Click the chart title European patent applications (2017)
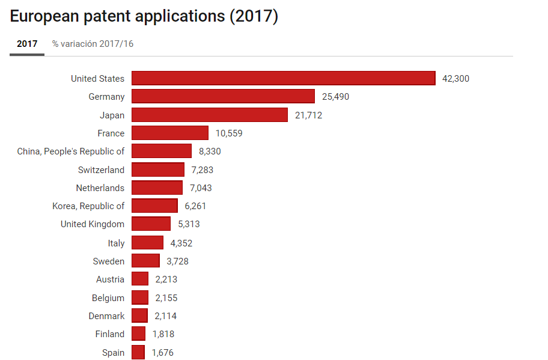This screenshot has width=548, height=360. click(144, 17)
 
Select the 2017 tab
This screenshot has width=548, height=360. click(27, 44)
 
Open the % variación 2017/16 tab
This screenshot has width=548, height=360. click(93, 44)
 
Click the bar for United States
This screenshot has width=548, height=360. click(283, 78)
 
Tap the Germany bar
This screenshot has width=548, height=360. click(223, 96)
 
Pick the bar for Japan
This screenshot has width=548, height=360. click(209, 115)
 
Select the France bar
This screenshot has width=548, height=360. click(170, 133)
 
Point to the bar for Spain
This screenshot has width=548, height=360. click(138, 352)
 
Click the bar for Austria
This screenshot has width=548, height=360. click(140, 279)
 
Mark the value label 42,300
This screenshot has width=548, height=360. click(455, 79)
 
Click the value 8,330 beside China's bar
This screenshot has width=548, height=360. click(210, 151)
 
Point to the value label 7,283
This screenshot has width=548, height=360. click(202, 170)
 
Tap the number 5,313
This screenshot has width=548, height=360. click(189, 224)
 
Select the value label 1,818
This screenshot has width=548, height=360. click(163, 334)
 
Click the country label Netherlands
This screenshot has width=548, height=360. click(100, 188)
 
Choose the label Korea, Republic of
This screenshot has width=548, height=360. click(88, 206)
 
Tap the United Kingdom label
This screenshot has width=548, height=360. click(93, 224)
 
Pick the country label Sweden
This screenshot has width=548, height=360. click(109, 261)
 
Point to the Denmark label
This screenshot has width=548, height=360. click(107, 316)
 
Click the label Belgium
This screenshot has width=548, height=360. click(108, 298)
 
